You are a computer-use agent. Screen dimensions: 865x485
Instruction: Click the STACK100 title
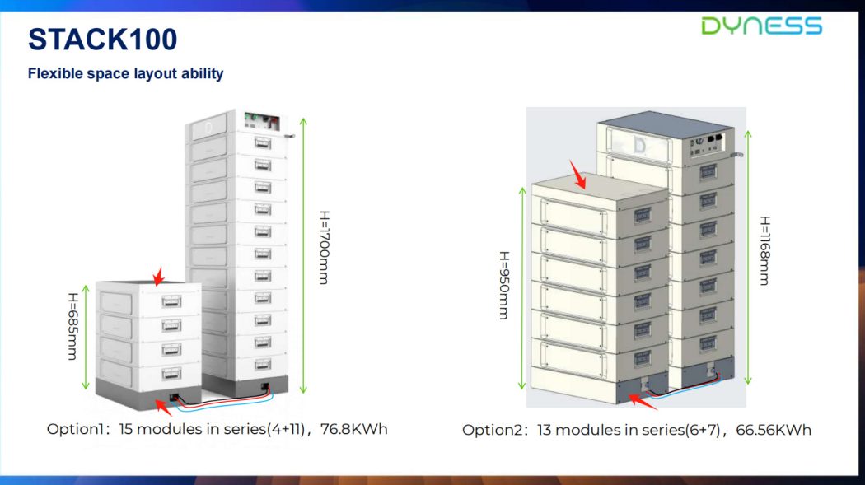click(x=103, y=40)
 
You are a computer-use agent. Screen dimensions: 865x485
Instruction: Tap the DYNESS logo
click(x=761, y=26)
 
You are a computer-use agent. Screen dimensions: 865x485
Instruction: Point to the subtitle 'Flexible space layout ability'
click(x=126, y=73)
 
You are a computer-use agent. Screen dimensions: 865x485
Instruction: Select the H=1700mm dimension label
click(x=325, y=248)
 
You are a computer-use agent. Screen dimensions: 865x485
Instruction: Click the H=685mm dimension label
click(x=72, y=326)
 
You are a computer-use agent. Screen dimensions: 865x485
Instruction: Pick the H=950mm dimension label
click(x=504, y=286)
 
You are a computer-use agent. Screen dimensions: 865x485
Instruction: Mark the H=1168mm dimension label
click(x=764, y=250)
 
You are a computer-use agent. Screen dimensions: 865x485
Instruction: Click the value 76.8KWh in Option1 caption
click(x=354, y=429)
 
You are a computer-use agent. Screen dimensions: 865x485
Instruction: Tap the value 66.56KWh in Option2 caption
click(x=774, y=430)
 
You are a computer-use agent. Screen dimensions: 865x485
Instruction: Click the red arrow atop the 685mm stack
click(x=158, y=276)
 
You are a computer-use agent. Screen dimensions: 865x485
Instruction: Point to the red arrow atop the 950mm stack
click(x=577, y=175)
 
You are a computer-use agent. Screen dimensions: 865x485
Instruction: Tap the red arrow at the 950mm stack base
click(x=643, y=402)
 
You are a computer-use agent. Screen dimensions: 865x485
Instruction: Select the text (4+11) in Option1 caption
click(x=286, y=429)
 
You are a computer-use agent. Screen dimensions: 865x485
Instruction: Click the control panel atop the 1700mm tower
click(x=262, y=121)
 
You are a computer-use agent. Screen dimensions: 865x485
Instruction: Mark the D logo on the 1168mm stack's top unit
click(x=640, y=145)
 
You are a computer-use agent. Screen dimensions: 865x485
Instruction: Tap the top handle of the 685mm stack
click(x=171, y=301)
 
